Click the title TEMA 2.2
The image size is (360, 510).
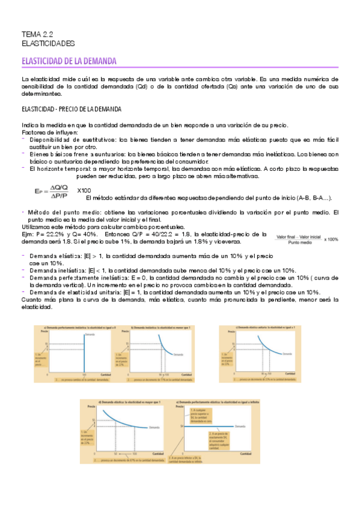tap(37, 35)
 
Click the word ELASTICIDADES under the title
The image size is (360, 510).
tap(48, 44)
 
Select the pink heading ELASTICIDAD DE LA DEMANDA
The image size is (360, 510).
tap(69, 61)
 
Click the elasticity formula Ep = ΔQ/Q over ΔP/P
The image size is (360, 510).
tap(51, 191)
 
